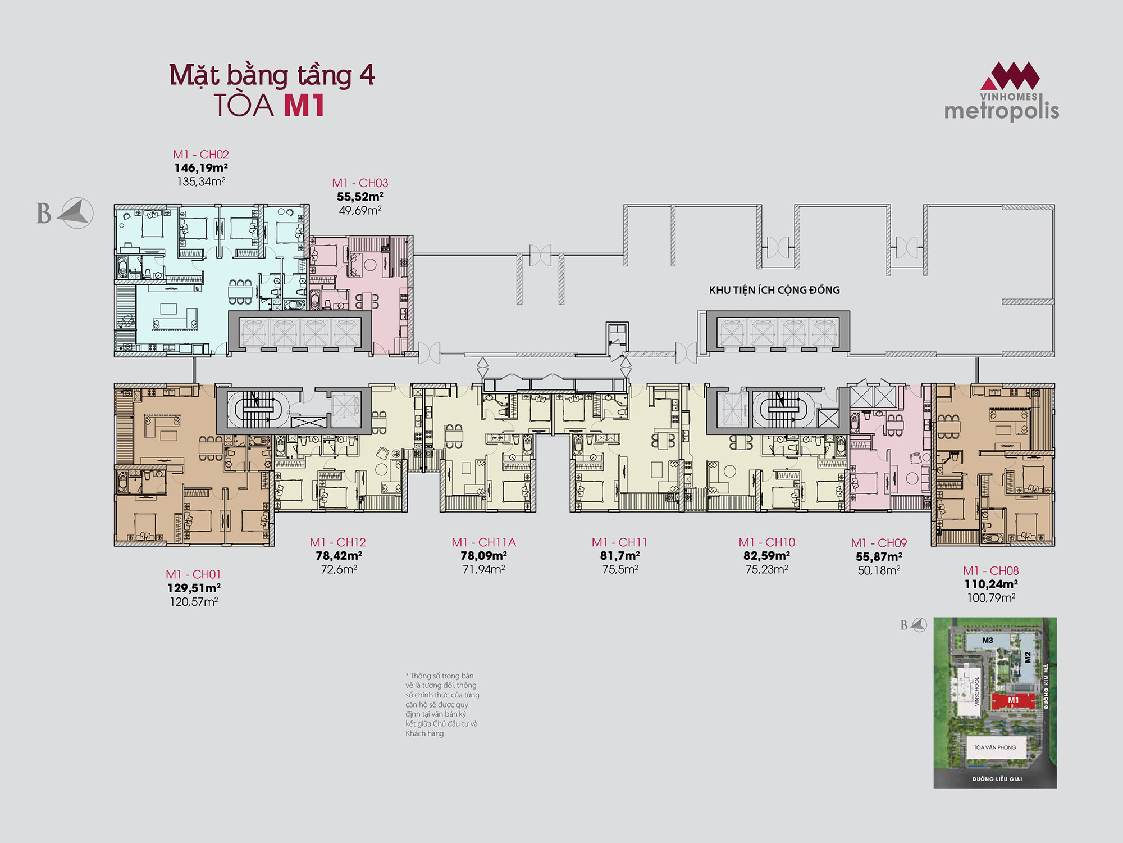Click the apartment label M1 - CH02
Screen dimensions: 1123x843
coord(200,155)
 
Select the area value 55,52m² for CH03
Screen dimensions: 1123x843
coord(360,197)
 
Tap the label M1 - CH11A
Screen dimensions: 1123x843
coord(483,542)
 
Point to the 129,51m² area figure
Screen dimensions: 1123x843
coord(194,588)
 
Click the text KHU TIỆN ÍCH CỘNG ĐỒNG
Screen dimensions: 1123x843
coord(774,290)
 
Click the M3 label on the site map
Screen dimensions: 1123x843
coord(987,640)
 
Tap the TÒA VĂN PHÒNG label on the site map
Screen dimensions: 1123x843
coord(994,747)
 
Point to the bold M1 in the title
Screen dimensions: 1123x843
coord(304,106)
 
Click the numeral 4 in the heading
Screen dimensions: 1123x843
coord(367,75)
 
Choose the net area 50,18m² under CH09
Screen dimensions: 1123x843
coord(879,570)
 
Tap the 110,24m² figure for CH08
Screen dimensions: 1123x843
coord(991,584)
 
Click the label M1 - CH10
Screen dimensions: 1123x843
coord(766,542)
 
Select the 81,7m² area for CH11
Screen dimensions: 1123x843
coord(620,556)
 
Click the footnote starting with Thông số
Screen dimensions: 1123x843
coord(442,704)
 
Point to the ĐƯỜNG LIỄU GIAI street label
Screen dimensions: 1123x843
coord(997,779)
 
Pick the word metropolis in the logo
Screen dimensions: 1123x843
coord(1002,111)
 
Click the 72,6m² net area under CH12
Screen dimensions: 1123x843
coord(339,569)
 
